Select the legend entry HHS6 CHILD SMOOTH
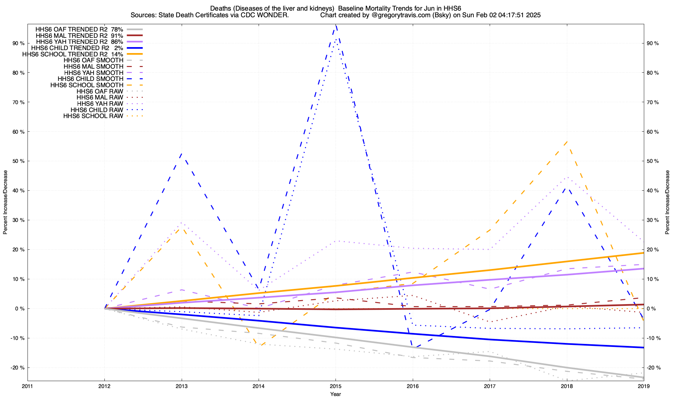pos(91,79)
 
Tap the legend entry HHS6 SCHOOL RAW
pos(93,116)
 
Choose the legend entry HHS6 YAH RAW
pos(100,104)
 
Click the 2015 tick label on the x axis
pos(336,386)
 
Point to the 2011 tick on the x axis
pos(28,386)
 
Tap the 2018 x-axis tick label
pos(567,386)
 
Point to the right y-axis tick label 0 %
pos(651,308)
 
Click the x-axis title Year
pos(336,394)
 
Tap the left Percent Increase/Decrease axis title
pos(5,202)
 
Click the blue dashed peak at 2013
pos(181,154)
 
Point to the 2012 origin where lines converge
pos(105,308)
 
